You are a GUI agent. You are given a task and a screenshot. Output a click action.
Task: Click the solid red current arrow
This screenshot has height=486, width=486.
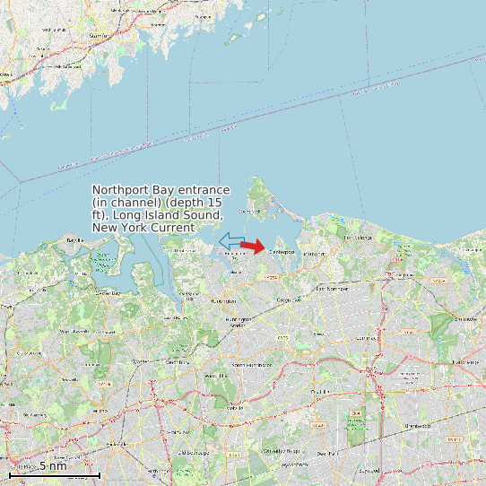coord(254,247)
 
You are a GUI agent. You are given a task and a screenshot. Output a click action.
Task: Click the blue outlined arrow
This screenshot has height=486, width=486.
coord(231,241)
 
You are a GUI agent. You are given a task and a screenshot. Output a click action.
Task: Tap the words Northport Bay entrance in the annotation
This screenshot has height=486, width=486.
coord(162,191)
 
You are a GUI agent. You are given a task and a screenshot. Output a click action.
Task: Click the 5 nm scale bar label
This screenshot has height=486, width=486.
coord(53,466)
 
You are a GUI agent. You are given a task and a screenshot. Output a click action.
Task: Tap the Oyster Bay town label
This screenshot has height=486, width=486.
coord(108,293)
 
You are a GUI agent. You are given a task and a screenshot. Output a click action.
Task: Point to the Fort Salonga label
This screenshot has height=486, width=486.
coord(358,238)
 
